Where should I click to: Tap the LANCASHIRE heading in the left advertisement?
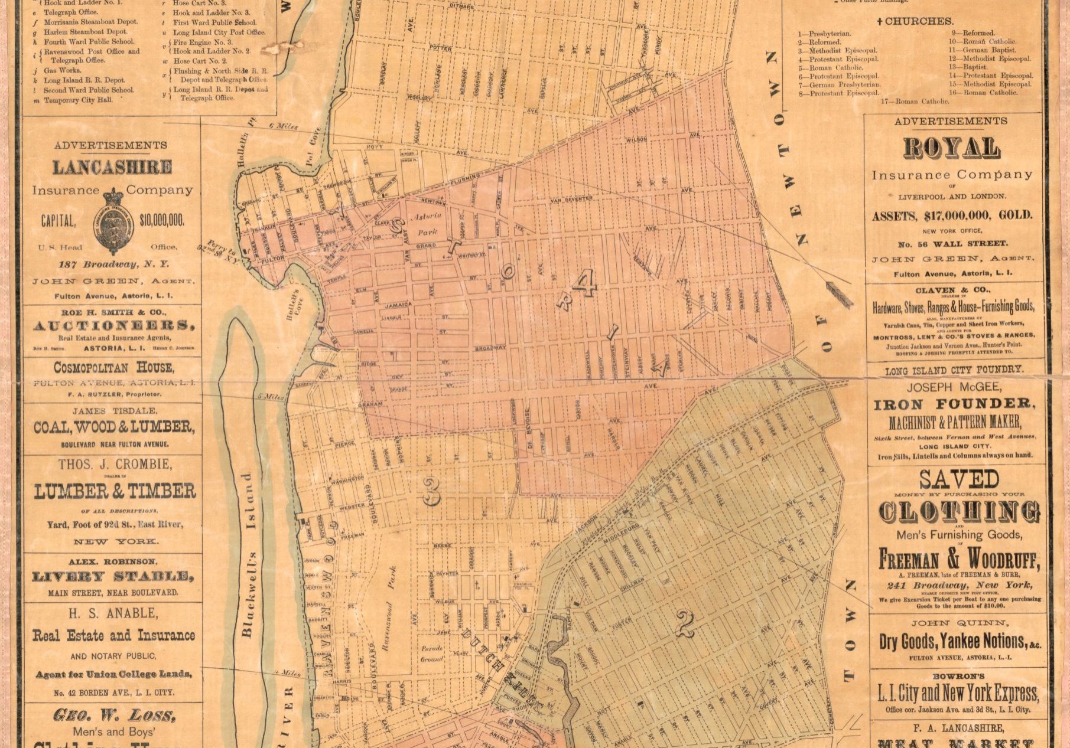tap(112, 168)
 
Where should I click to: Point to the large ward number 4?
tap(585, 288)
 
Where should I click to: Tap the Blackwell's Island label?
tap(249, 555)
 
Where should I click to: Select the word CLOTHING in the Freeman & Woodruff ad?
tap(960, 512)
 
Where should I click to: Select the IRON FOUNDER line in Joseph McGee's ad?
tap(955, 404)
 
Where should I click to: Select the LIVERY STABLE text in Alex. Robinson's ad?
tap(113, 577)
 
